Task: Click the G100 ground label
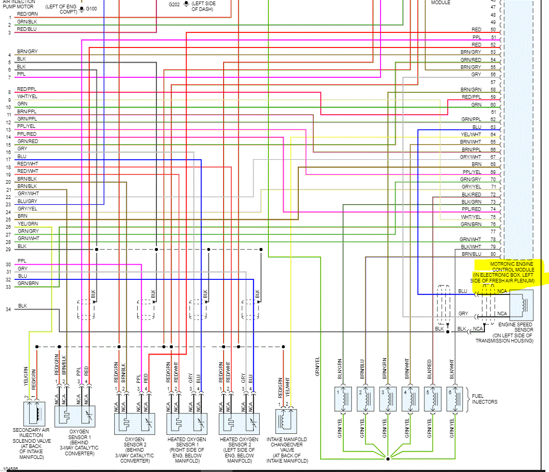[x=91, y=9]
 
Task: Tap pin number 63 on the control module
[x=493, y=127]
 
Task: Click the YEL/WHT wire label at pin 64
[x=471, y=135]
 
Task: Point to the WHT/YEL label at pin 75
[x=471, y=217]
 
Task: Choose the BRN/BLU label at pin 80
[x=471, y=254]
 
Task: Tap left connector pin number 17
[x=9, y=159]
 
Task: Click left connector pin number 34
[x=9, y=310]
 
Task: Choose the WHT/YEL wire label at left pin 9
[x=27, y=96]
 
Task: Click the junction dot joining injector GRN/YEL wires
[x=388, y=459]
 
